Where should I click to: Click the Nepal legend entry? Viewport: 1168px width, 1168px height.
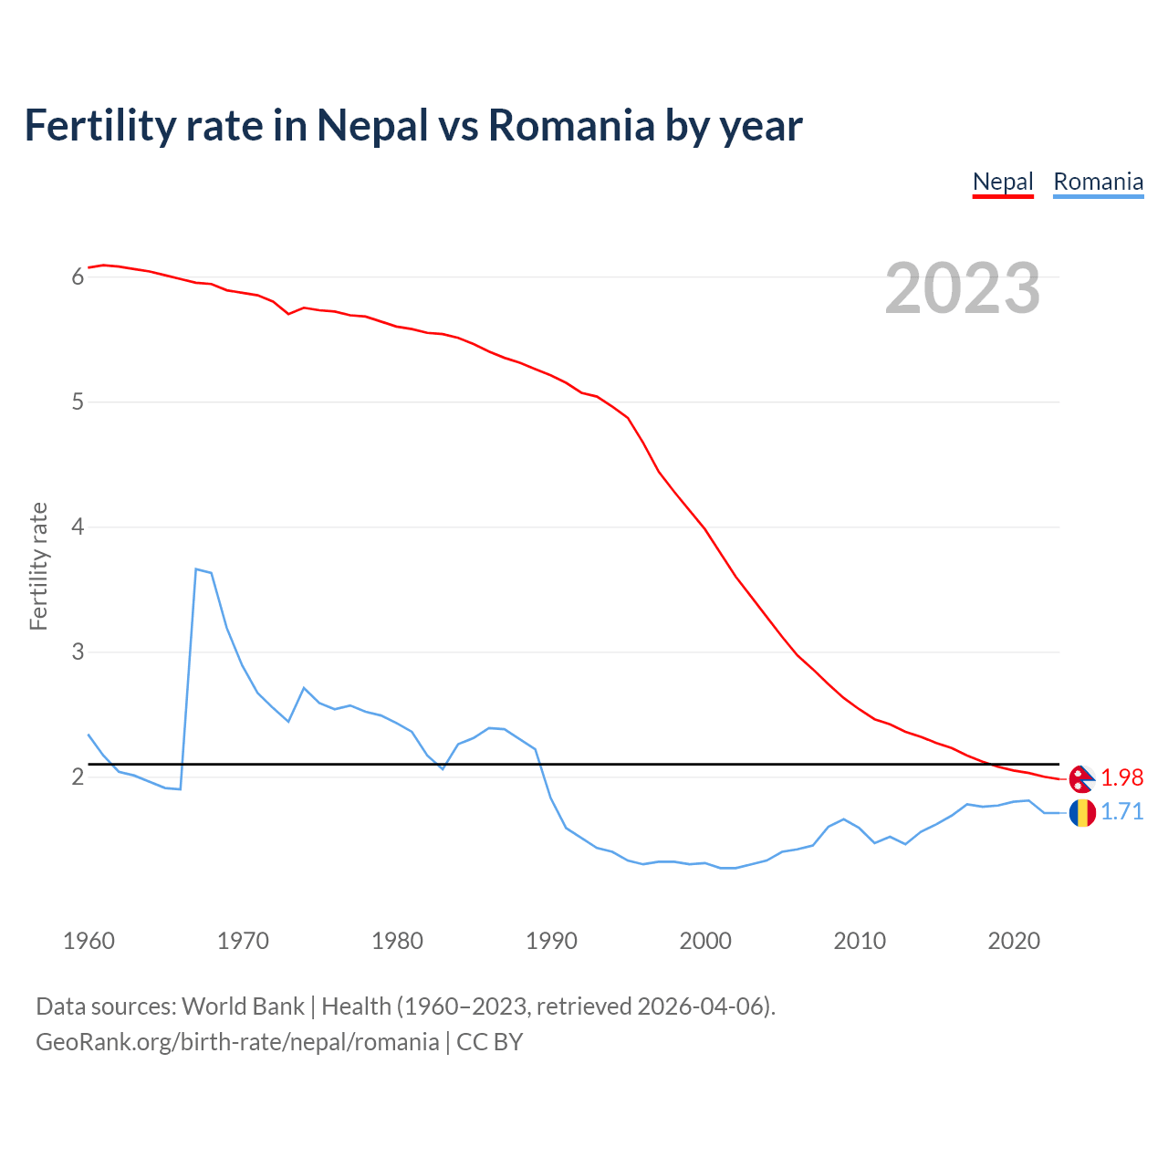tap(1003, 182)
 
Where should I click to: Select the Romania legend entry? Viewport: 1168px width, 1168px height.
tap(1098, 182)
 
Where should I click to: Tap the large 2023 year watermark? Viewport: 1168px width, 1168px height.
tap(963, 288)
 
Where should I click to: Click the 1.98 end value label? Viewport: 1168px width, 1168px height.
tap(1121, 777)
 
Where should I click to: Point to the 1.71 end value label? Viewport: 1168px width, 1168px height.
tap(1121, 812)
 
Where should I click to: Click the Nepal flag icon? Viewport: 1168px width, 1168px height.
tap(1081, 778)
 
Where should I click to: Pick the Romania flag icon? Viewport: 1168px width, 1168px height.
tap(1082, 812)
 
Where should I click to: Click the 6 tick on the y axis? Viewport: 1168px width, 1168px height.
tap(78, 276)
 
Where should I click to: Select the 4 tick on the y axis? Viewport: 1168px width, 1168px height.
tap(78, 527)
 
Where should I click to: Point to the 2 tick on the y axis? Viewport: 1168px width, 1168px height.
tap(78, 777)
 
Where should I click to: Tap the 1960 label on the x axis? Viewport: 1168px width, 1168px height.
tap(89, 941)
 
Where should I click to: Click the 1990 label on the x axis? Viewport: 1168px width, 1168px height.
tap(551, 941)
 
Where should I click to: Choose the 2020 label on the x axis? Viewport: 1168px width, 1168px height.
tap(1014, 941)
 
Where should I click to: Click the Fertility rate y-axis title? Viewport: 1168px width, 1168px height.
tap(38, 566)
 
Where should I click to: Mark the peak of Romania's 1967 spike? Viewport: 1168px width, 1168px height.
tap(196, 569)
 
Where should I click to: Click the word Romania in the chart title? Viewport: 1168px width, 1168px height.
tap(571, 125)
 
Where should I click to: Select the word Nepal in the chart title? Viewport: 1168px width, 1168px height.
tap(372, 125)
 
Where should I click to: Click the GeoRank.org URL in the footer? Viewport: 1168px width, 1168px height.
tap(237, 1042)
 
